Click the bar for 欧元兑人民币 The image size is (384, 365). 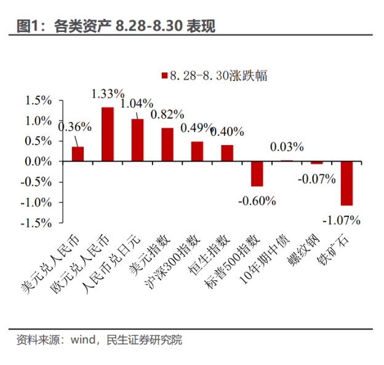pos(107,134)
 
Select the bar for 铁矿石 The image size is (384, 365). pos(346,183)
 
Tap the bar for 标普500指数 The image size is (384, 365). pos(257,173)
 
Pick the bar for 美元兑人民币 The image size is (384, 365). pos(78,154)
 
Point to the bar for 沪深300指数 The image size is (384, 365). pos(197,151)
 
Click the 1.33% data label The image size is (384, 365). pos(108,93)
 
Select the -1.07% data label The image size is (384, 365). pos(342,220)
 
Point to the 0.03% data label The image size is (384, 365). pos(287,147)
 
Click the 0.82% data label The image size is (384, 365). pos(167,114)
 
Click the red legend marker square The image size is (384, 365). pos(164,76)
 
